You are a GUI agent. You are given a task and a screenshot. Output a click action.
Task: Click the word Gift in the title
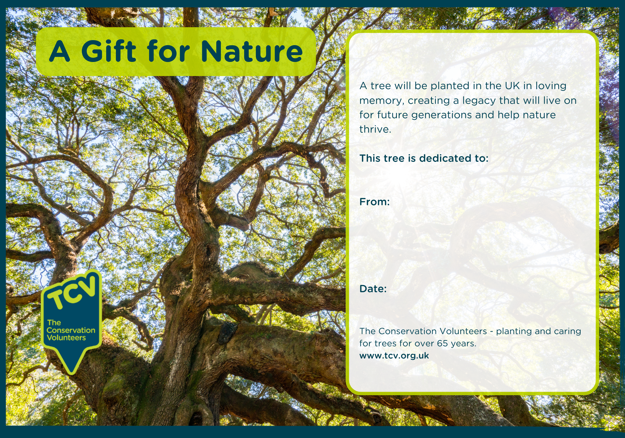[x=109, y=51]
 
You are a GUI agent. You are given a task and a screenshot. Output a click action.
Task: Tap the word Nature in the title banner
[x=252, y=51]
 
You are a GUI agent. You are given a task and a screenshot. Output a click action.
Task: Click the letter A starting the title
[x=59, y=51]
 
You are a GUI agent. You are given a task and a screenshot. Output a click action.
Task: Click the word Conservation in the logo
[x=71, y=330]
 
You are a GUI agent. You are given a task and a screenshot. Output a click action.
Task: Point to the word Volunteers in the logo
[x=66, y=338]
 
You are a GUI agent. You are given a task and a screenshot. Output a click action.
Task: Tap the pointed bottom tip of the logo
[x=72, y=372]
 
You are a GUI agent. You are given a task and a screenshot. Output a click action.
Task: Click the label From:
[x=375, y=202]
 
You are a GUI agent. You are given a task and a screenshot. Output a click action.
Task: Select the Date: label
[x=373, y=289]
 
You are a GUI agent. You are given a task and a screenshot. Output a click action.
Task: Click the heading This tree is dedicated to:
[x=424, y=158]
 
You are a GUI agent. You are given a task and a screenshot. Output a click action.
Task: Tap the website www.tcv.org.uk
[x=394, y=356]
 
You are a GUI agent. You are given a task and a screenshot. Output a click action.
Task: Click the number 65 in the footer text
[x=442, y=344]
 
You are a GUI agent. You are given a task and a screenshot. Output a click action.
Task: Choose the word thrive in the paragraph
[x=375, y=129]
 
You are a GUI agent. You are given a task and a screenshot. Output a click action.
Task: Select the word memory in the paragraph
[x=382, y=101]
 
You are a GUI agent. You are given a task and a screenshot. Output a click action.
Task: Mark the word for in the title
[x=168, y=51]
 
